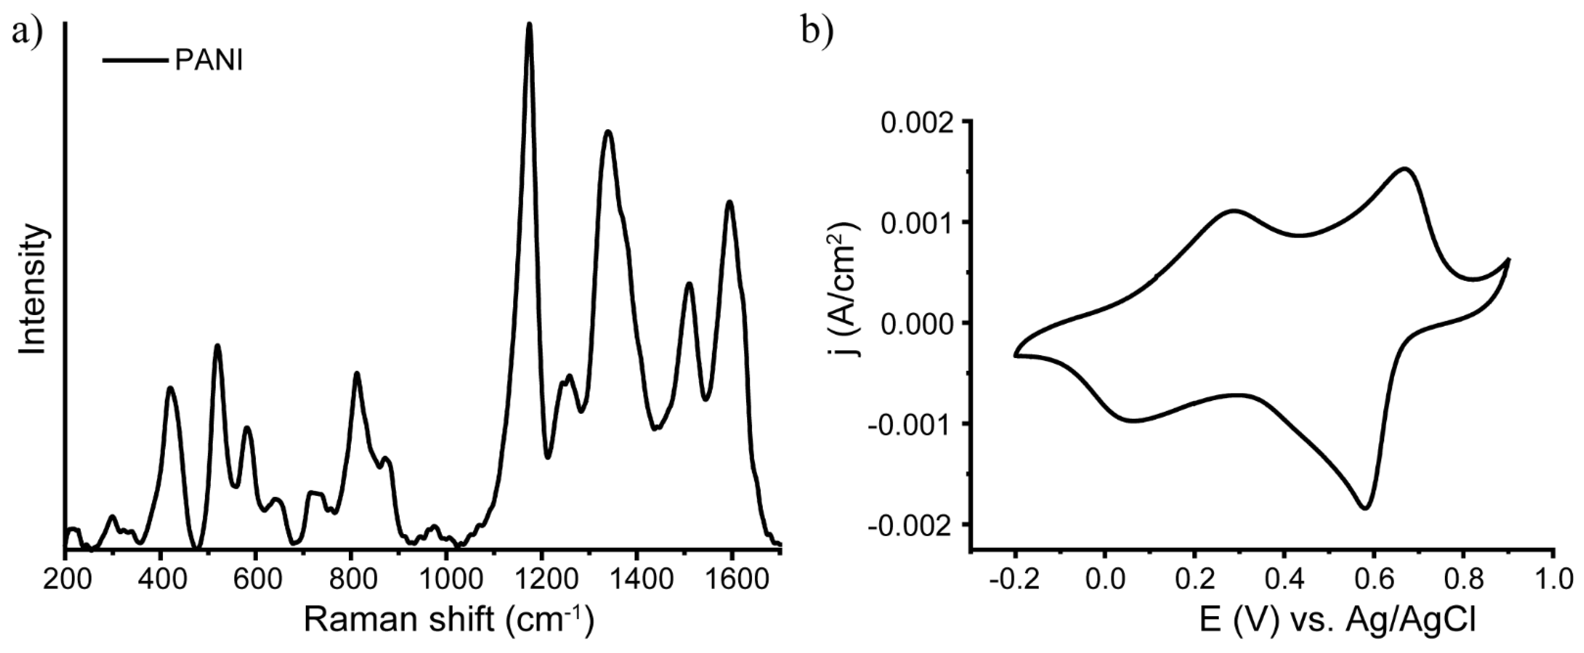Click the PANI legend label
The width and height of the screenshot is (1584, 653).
(x=209, y=62)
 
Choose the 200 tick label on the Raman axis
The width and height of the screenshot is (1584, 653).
(x=65, y=581)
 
